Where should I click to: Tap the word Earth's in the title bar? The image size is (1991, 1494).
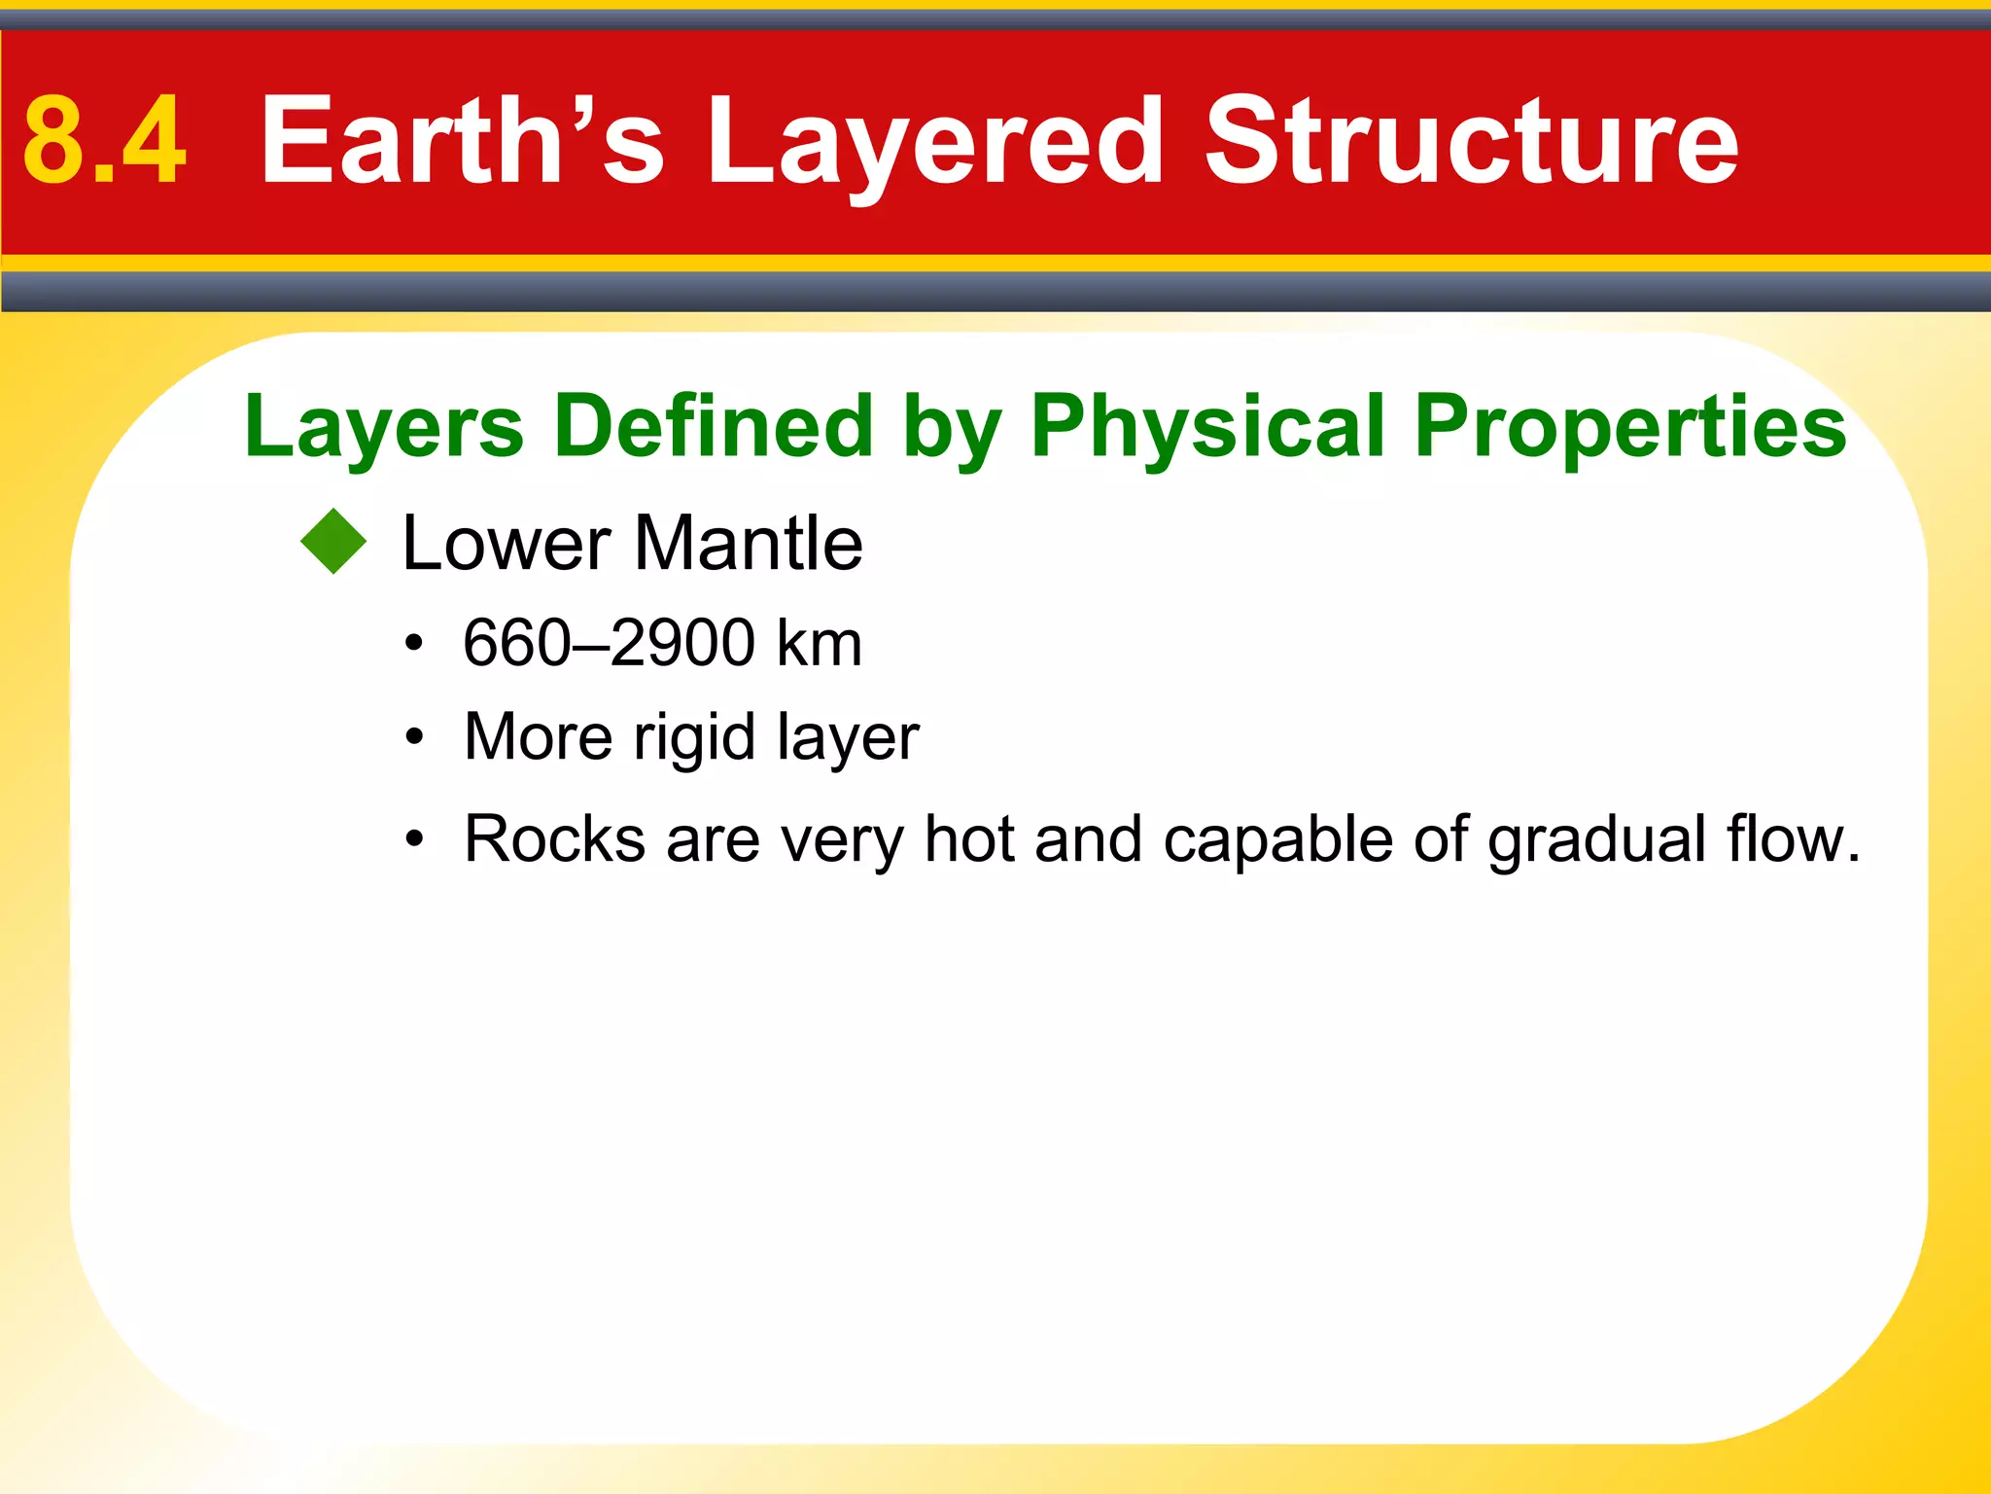click(462, 141)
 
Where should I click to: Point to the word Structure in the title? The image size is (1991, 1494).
click(1471, 141)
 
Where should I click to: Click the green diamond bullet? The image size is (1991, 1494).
click(333, 542)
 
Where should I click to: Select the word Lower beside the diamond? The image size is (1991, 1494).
click(506, 543)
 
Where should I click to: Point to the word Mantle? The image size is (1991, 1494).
click(748, 543)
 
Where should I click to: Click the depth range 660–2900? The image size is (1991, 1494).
click(609, 643)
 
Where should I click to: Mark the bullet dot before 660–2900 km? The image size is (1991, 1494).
click(415, 644)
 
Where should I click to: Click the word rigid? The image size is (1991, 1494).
click(693, 737)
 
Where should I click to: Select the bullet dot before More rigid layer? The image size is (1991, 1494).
click(415, 737)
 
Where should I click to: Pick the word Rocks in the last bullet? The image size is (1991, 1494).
click(554, 838)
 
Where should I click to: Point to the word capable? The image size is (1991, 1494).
click(1277, 838)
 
